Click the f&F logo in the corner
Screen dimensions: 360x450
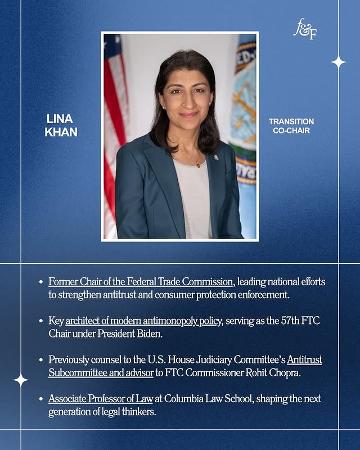[305, 29]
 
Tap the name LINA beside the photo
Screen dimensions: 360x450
[60, 120]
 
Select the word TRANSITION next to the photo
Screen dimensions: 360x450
[291, 121]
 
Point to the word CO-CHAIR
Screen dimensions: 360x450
[291, 131]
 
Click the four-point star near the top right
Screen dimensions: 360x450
[338, 62]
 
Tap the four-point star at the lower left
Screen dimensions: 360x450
[21, 380]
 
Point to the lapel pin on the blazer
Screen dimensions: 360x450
[216, 157]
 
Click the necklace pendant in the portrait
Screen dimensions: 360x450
[197, 164]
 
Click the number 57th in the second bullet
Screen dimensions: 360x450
[274, 320]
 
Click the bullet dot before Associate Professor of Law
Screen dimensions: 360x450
[40, 399]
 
